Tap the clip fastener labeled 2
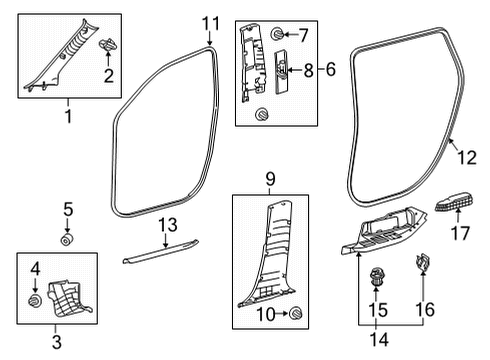pos(107,45)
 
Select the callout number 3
pos(56,344)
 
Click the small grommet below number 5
pos(68,240)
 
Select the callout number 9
pos(269,180)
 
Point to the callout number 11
pos(209,22)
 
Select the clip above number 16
pos(421,265)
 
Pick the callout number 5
pos(68,211)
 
